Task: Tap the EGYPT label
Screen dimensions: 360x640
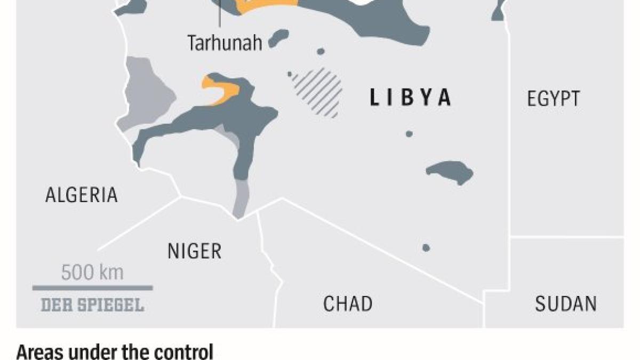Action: tap(553, 99)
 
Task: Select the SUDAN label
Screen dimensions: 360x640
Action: tap(566, 303)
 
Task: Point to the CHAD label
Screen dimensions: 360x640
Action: tap(348, 303)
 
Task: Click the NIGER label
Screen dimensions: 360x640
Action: tap(194, 250)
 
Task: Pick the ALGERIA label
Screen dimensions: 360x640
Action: tap(81, 195)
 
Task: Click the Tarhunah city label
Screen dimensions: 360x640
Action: tap(225, 43)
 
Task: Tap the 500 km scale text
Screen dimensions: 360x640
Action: tap(92, 273)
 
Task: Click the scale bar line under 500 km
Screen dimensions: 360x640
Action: tap(92, 288)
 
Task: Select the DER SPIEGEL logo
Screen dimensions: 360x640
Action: tap(92, 305)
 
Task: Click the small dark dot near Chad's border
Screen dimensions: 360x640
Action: tap(426, 247)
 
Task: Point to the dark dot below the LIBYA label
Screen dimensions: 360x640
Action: tap(409, 134)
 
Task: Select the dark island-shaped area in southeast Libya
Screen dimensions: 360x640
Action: tap(450, 172)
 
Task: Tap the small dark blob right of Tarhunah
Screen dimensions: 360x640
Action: tap(278, 38)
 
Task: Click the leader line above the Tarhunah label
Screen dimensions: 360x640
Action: tap(220, 16)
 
